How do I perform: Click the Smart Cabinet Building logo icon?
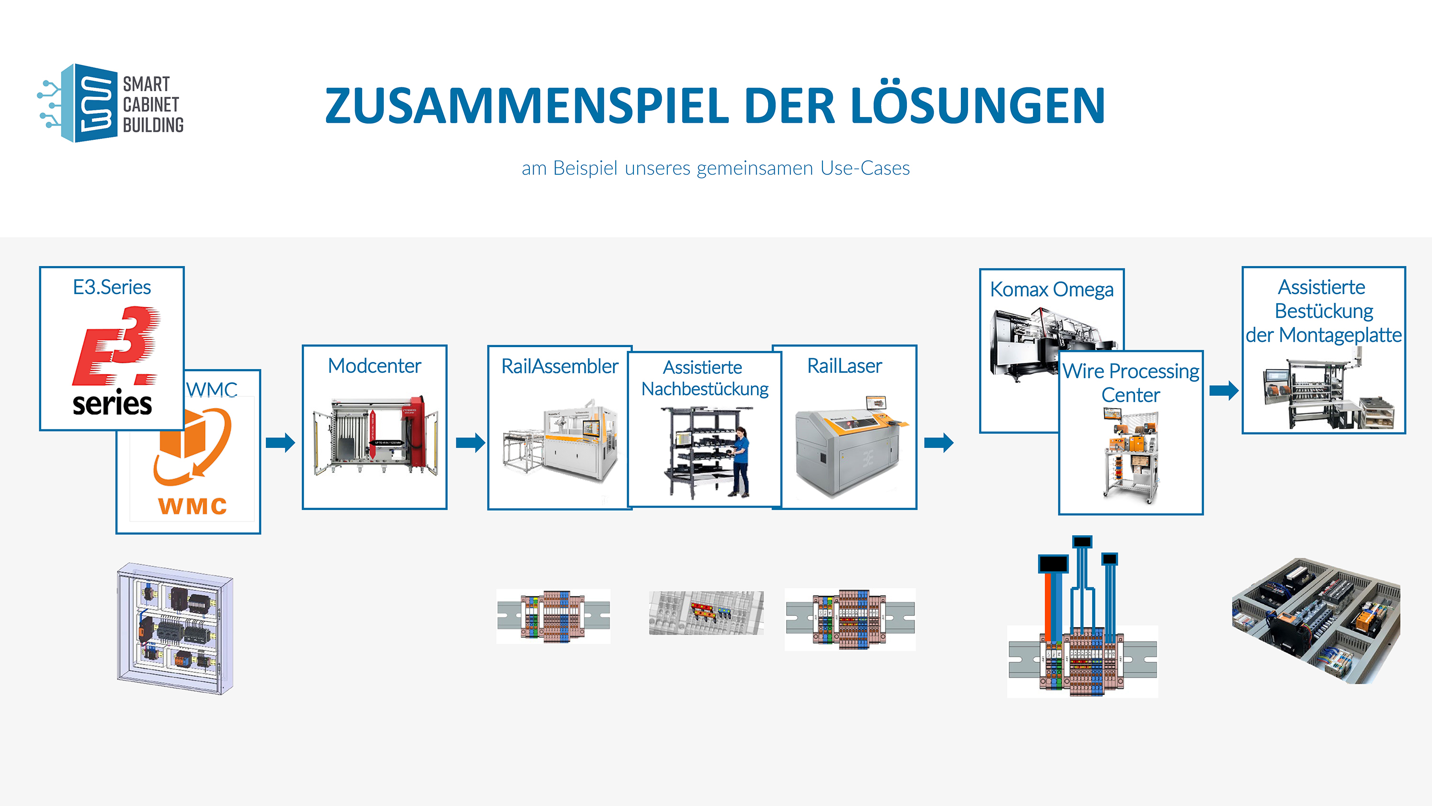point(78,104)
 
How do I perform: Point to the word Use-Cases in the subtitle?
point(865,168)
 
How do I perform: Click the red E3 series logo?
point(116,347)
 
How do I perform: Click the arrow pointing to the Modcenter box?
point(280,443)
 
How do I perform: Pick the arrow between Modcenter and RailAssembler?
point(470,443)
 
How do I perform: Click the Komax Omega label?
point(1052,290)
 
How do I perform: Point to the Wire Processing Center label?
point(1131,382)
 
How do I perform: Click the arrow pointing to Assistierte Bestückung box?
point(1223,391)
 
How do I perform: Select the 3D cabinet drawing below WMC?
point(175,628)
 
